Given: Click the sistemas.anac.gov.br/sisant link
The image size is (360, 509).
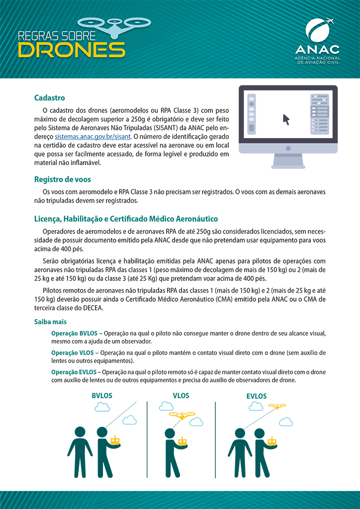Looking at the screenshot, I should click(92, 136).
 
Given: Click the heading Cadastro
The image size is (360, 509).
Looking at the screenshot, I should click(49, 98).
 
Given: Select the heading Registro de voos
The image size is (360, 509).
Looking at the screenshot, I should click(62, 179).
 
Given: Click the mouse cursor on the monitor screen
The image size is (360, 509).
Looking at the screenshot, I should click(286, 119).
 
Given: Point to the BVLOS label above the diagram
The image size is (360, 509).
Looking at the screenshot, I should click(102, 396).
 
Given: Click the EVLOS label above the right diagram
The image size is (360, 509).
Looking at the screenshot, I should click(257, 396).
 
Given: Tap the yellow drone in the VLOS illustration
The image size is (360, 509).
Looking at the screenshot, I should click(182, 415).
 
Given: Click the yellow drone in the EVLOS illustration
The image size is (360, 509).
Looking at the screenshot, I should click(277, 407).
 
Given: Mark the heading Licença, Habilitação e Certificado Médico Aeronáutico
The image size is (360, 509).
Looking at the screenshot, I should click(126, 219).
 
